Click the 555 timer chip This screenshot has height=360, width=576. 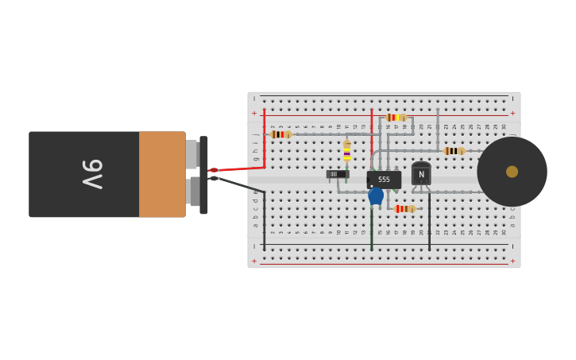[x=384, y=180]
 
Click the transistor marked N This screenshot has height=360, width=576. [x=421, y=173]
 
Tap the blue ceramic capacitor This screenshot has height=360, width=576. [x=376, y=195]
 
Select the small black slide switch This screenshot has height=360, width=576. [x=337, y=174]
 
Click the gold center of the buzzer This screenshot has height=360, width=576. [x=512, y=172]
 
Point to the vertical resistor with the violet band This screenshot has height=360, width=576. [x=346, y=150]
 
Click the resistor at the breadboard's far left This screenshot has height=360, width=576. [x=280, y=134]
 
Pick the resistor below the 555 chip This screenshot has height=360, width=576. [x=404, y=209]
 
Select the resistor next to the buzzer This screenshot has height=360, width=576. [x=454, y=151]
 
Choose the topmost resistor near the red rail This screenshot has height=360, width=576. [x=396, y=118]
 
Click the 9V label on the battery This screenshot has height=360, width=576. [x=92, y=174]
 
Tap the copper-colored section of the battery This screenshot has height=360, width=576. [x=162, y=174]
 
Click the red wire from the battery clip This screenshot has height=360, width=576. [x=238, y=168]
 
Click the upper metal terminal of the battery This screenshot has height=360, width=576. [x=191, y=153]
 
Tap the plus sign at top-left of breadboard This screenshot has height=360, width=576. [x=254, y=113]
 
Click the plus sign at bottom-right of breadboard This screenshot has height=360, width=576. [x=512, y=261]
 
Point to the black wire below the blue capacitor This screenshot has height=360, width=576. [x=371, y=230]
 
